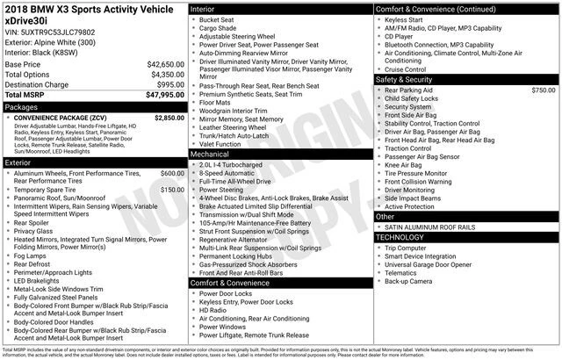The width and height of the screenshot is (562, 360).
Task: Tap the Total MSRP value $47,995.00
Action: click(x=160, y=95)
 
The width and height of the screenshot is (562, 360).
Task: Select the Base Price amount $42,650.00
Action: click(x=160, y=65)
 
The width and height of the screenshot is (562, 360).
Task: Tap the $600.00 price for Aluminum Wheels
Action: click(x=172, y=174)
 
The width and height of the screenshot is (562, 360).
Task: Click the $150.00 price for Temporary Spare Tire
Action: click(x=172, y=190)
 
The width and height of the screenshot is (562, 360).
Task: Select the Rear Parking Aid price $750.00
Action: click(x=543, y=90)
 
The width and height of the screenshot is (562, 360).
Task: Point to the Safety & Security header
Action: click(x=407, y=79)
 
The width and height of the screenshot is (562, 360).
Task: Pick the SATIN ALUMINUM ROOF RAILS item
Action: click(x=429, y=227)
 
